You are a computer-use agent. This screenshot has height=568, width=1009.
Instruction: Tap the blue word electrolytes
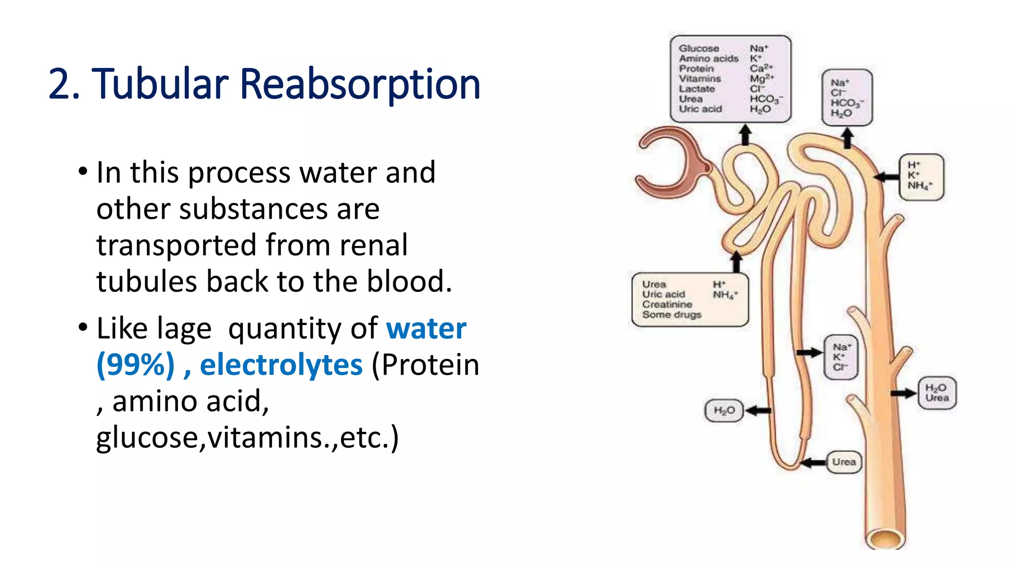[281, 365]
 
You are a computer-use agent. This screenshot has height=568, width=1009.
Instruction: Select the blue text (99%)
[135, 365]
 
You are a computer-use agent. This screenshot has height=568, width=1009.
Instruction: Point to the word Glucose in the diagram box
[699, 48]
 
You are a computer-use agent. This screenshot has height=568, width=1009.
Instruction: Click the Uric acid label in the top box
[700, 109]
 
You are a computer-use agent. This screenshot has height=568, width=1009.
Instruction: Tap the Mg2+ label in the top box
[761, 78]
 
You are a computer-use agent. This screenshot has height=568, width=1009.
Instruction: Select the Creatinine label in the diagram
[667, 304]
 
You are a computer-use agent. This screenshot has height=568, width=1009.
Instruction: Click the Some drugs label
[671, 315]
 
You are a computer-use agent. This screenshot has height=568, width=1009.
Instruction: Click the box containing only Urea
[844, 462]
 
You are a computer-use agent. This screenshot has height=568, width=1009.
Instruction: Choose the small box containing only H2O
[724, 410]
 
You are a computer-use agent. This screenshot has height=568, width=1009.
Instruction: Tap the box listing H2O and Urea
[937, 393]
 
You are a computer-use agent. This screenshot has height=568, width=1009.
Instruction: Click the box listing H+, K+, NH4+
[921, 176]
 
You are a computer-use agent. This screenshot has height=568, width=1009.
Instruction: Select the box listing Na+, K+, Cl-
[841, 357]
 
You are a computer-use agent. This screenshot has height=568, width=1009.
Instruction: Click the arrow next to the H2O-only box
[758, 410]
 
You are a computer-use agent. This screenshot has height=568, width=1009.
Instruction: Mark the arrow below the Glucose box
[745, 134]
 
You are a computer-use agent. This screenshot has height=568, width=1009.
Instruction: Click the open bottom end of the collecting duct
[885, 538]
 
